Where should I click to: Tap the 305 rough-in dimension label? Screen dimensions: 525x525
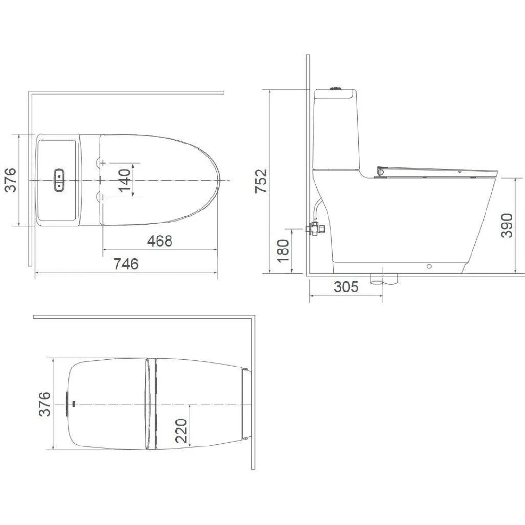coord(346,287)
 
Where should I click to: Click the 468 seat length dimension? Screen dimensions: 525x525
coord(159,241)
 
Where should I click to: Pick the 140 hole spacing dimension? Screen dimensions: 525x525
coord(124,180)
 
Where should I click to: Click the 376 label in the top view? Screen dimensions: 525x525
coord(10,180)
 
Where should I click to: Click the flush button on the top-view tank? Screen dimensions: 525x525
coord(58,180)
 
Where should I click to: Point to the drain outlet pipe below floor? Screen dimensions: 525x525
coord(383,278)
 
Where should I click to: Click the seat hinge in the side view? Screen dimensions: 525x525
coord(381,171)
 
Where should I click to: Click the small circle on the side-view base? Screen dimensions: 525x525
coord(429,266)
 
